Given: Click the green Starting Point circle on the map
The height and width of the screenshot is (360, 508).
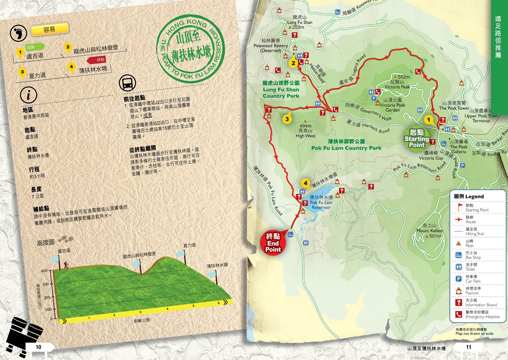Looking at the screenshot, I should point(417,138).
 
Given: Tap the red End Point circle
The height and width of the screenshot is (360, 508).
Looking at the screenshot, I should point(273,243).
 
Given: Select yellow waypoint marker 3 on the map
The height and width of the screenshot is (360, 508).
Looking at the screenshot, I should point(287,119).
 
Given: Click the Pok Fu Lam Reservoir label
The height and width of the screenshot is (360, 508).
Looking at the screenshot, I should point(321,202).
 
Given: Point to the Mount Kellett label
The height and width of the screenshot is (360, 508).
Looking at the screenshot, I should point(430,231).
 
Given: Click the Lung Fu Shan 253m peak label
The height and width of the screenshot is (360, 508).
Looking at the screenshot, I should point(299,22).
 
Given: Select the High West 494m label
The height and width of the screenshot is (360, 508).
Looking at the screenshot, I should point(305,131).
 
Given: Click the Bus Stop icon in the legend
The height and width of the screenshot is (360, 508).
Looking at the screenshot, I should point(459,255).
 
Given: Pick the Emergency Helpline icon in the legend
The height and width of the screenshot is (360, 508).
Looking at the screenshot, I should point(459,314).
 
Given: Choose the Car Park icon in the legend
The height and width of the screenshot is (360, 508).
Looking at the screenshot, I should point(459,278).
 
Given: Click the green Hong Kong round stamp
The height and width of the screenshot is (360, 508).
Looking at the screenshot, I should point(190,48).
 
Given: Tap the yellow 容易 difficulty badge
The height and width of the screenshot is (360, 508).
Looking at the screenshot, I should point(50,29).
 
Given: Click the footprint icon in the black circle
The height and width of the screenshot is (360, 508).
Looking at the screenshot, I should point(19,33).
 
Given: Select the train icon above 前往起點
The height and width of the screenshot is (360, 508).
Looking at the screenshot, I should point(127,83).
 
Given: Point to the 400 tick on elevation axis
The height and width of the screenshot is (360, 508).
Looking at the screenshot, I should point(44,271).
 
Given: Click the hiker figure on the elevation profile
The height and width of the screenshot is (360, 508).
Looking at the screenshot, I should point(66,265).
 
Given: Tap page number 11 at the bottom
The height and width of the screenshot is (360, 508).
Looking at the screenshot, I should point(468,347).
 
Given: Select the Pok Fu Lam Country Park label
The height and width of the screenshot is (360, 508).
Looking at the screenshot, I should point(346,145).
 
